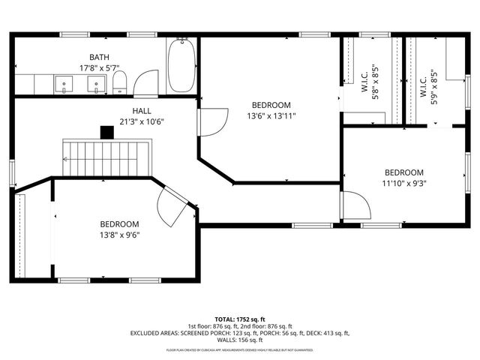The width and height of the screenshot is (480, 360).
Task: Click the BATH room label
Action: click(99, 57)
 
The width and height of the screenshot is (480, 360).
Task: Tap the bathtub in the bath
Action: click(181, 67)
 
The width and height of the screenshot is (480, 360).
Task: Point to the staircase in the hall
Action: click(106, 157)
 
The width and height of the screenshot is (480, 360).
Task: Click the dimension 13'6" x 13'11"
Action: click(271, 115)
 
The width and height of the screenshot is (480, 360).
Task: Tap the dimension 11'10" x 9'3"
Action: click(403, 182)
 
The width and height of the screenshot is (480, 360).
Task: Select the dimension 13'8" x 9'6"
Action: click(120, 234)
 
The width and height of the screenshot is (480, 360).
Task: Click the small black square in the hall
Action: click(107, 133)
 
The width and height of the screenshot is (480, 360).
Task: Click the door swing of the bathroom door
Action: click(147, 82)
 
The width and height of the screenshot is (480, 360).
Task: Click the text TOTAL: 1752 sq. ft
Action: click(240, 318)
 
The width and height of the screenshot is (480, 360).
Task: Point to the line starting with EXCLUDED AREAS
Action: click(240, 332)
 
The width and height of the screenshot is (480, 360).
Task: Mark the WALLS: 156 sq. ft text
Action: click(240, 340)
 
